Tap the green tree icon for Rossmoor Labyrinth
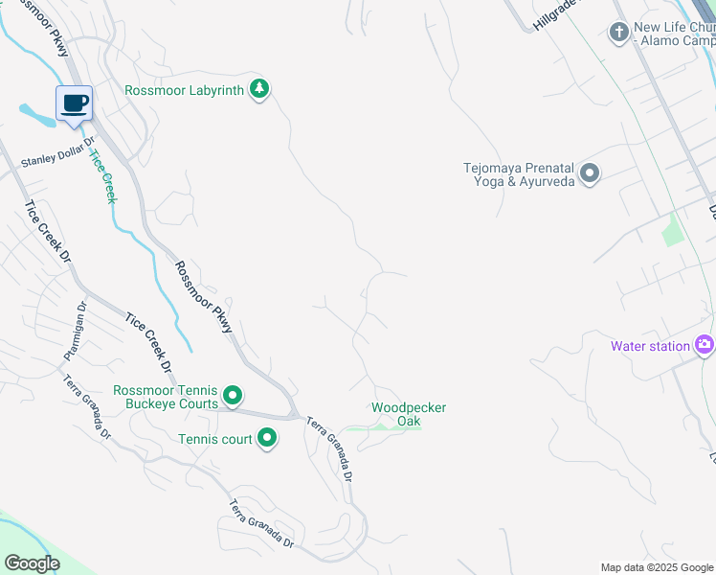[258, 90]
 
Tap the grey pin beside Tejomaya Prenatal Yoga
[590, 173]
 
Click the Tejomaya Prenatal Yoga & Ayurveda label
[518, 173]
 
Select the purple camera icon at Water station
[705, 345]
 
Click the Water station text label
[651, 346]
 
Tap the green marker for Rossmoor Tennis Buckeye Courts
[232, 396]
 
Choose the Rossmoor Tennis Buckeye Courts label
[166, 397]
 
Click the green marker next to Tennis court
[267, 439]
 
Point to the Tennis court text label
[215, 439]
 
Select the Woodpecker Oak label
[409, 414]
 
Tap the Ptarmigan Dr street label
[75, 331]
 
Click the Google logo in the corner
[32, 563]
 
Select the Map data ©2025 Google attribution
[657, 567]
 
